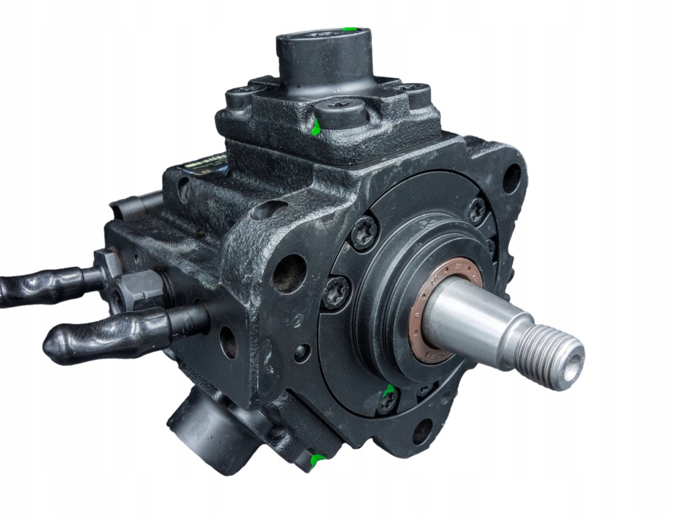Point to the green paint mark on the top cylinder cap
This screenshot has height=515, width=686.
tap(347, 30)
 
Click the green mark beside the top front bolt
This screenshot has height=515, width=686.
tap(315, 128)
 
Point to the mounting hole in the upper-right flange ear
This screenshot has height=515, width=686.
tap(511, 178)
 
